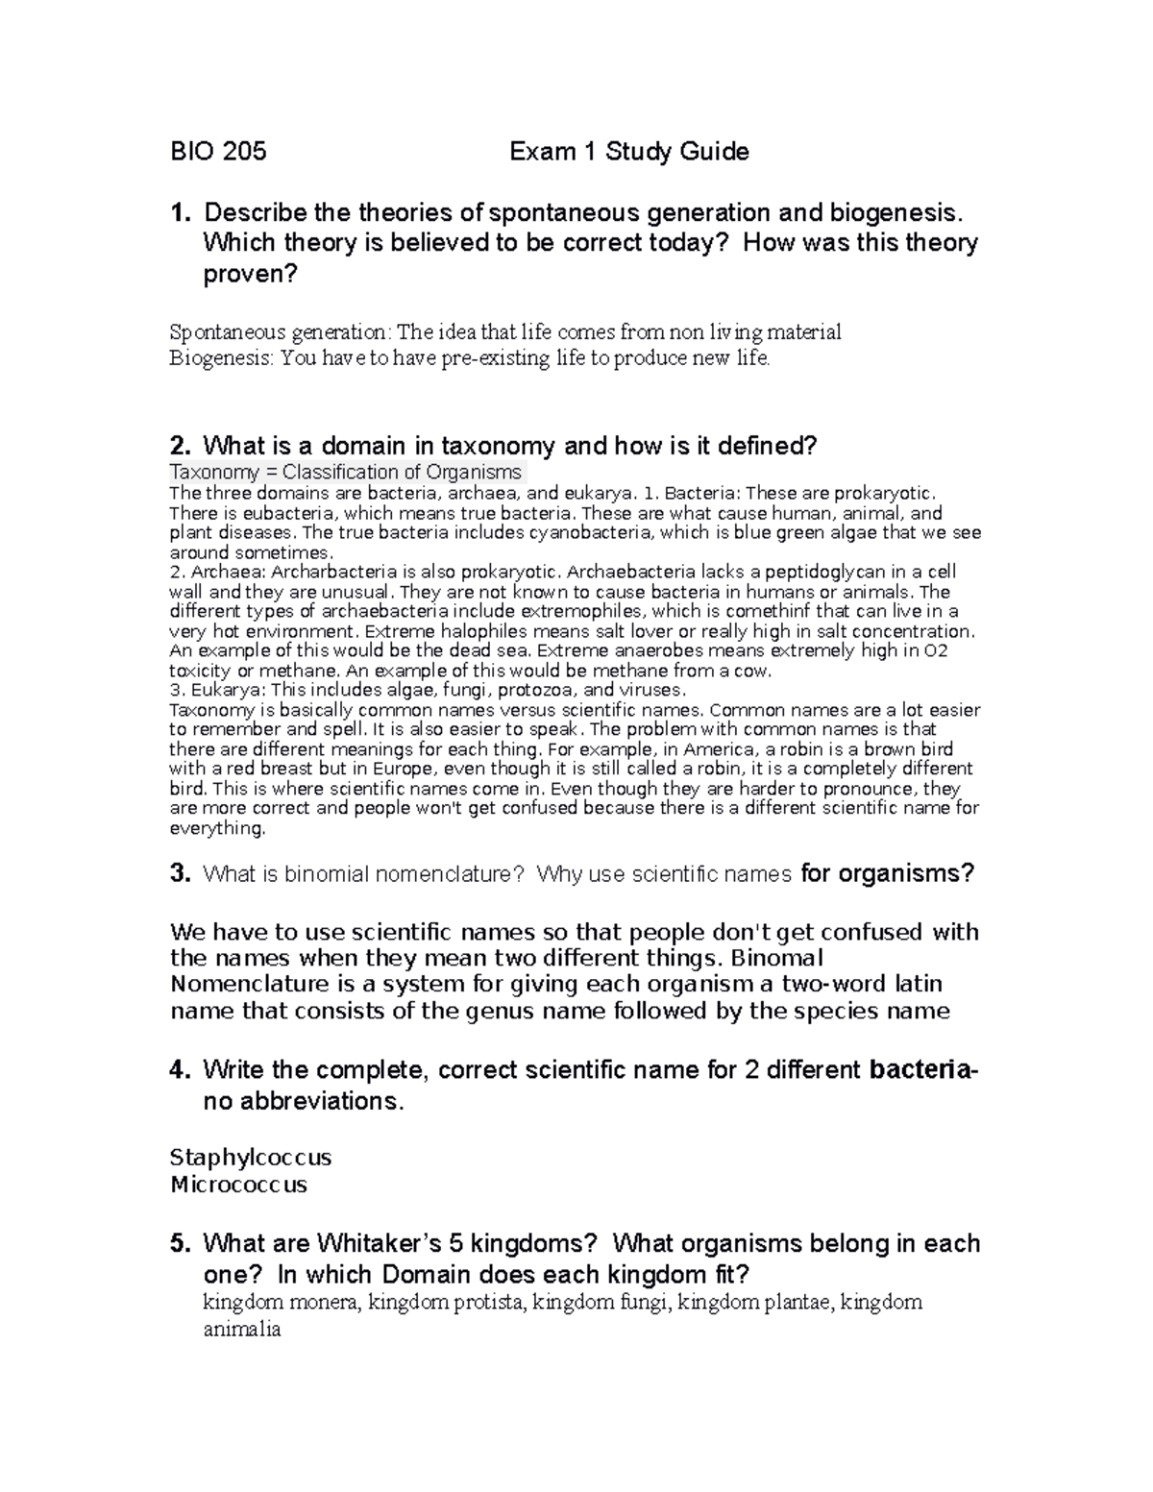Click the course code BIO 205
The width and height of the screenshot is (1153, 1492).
point(218,152)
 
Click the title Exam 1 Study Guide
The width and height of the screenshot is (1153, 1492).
point(628,152)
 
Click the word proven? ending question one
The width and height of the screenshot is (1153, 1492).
point(250,275)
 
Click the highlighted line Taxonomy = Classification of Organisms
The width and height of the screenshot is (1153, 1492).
point(346,473)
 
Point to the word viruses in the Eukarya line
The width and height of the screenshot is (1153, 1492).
point(650,691)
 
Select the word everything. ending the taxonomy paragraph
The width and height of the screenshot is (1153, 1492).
point(217,828)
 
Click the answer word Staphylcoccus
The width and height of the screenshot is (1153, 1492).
point(250,1157)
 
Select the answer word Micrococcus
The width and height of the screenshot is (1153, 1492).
point(238,1185)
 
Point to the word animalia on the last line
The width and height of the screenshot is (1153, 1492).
point(242,1330)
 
